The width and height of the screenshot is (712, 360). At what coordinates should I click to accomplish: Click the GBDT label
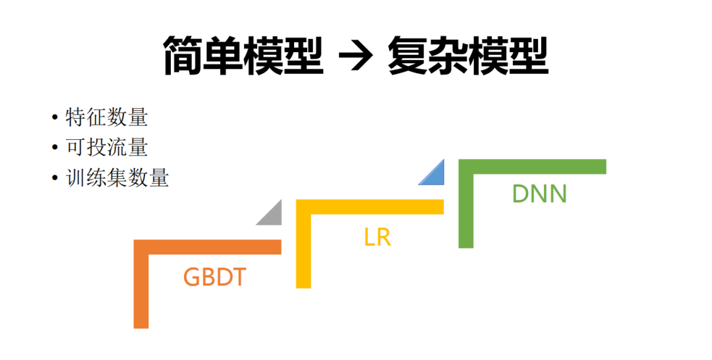[214, 277]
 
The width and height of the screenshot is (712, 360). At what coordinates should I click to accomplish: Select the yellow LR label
[377, 237]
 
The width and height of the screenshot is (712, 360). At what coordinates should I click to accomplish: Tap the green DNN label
[539, 194]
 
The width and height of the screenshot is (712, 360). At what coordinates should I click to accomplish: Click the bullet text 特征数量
[107, 117]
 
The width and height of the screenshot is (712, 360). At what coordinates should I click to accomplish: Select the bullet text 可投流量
[107, 148]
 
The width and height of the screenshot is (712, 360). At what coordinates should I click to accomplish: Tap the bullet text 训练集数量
[118, 178]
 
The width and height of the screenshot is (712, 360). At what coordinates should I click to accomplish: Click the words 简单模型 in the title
[243, 56]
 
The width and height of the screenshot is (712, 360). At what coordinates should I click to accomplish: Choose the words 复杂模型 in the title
[469, 56]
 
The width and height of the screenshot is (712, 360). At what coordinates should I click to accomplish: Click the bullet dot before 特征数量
[55, 118]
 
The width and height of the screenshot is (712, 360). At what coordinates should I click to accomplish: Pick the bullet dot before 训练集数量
[55, 179]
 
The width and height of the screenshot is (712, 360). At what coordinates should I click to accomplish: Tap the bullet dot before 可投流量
[55, 148]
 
